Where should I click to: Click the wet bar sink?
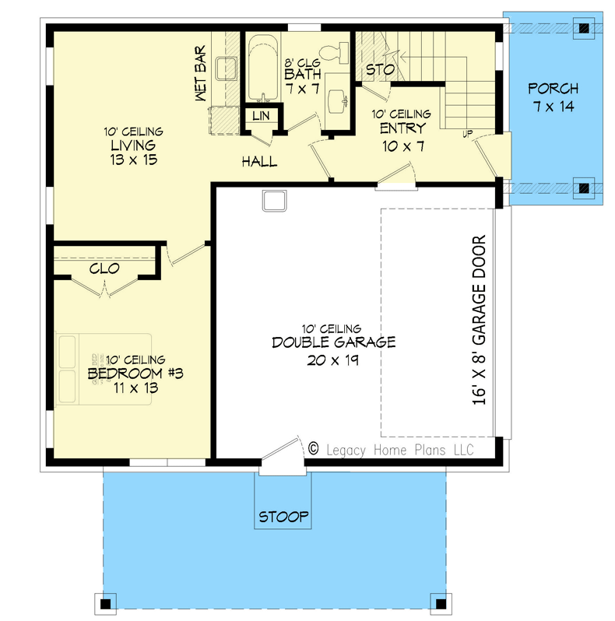click(227, 69)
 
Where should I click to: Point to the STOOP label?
click(283, 517)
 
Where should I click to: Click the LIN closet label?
click(261, 116)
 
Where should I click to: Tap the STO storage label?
click(380, 70)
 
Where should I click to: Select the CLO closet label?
click(104, 268)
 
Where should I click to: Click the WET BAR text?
click(201, 73)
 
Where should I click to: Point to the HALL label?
click(259, 162)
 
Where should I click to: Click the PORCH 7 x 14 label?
click(553, 97)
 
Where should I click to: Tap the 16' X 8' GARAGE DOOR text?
click(479, 320)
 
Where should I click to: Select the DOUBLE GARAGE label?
click(334, 342)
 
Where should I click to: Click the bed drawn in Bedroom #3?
click(104, 369)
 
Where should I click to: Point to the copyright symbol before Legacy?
click(314, 449)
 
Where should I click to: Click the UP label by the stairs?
click(468, 134)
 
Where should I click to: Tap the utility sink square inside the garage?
click(274, 202)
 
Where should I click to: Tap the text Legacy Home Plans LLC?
click(400, 451)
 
